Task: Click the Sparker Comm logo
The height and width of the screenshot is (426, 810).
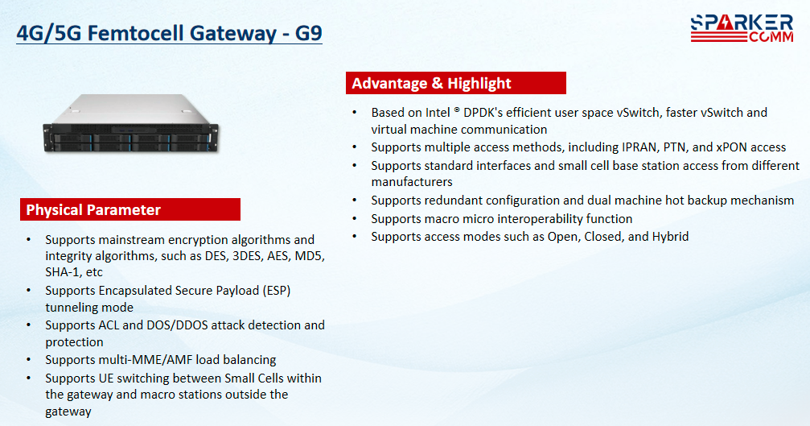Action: point(742,28)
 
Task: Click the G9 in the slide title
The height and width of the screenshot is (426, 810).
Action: point(308,33)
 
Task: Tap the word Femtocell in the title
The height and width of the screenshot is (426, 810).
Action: point(135,33)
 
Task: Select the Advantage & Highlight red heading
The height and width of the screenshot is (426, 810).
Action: point(455,83)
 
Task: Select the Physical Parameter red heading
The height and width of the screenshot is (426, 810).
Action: point(130,209)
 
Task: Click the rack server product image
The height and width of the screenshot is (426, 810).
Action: point(130,123)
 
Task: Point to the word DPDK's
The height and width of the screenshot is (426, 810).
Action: point(483,112)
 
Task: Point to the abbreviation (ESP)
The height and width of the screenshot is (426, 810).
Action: point(277,291)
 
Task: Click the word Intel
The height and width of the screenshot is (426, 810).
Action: point(438,112)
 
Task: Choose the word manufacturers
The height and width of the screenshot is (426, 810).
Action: point(412,182)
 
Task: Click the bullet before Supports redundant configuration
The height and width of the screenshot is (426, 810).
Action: point(355,200)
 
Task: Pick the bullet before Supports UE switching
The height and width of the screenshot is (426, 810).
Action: point(28,378)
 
